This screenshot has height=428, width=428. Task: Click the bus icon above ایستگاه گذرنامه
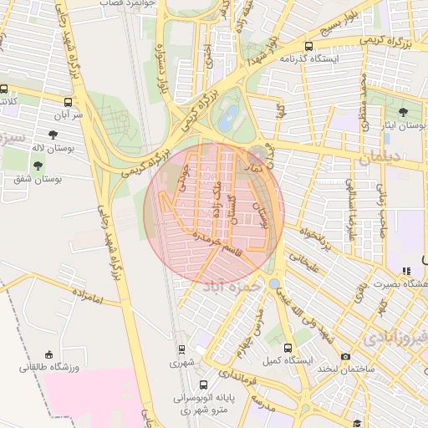(310, 46)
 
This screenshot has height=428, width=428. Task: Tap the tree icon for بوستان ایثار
(404, 111)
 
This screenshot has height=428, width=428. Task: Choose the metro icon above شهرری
(181, 349)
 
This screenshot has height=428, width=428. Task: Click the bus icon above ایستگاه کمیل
(288, 347)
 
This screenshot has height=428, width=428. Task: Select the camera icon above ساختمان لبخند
(345, 356)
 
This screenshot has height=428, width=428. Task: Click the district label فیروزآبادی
(395, 338)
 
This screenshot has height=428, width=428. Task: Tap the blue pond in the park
(227, 118)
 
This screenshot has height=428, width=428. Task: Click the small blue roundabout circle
(274, 284)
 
